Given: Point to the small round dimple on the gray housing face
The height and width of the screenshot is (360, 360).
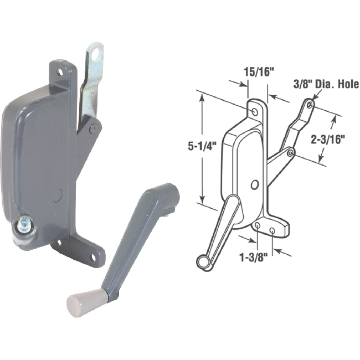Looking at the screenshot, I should pos(59,194).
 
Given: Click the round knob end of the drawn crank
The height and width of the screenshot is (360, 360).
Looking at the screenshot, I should pos(203,262).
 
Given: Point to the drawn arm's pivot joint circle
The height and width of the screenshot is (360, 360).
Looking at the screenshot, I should pos(290,152).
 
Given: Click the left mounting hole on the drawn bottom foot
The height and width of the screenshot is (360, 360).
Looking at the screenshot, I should pos(258,225).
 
